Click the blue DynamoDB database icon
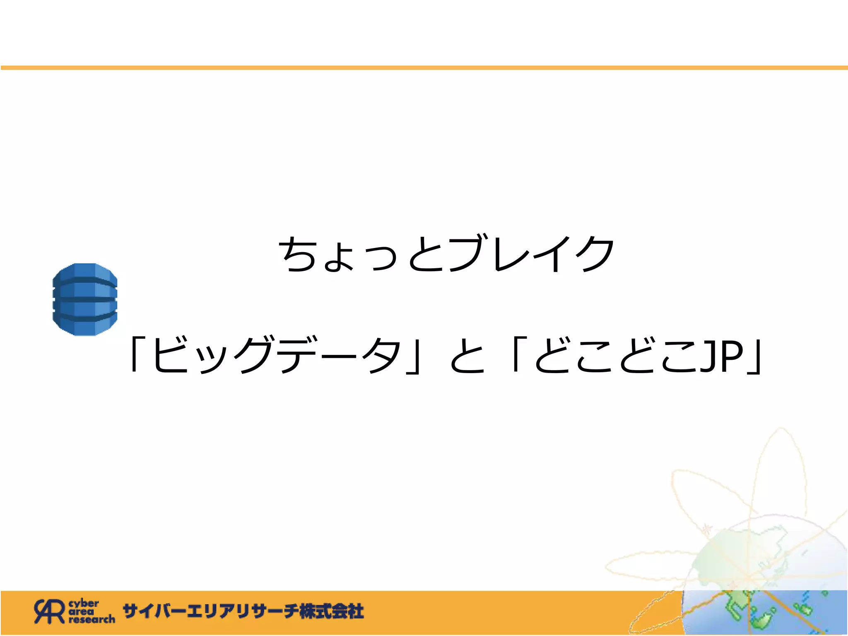[x=85, y=299]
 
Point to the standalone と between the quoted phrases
[x=467, y=356]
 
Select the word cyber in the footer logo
[x=84, y=603]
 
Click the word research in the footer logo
[x=92, y=619]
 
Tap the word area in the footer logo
[x=81, y=612]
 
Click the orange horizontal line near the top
[x=424, y=67]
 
